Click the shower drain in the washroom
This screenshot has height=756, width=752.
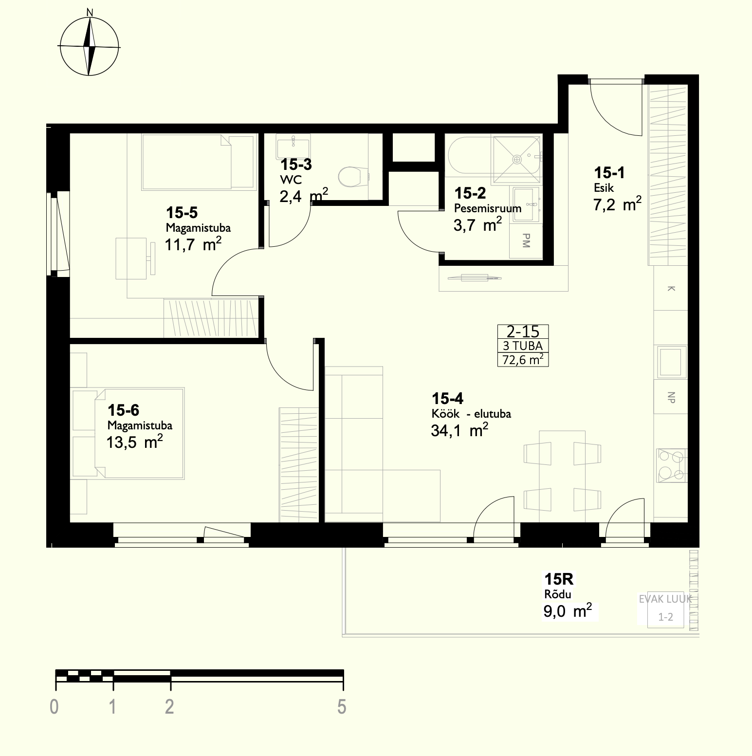(x=517, y=159)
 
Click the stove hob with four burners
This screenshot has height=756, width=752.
(x=671, y=465)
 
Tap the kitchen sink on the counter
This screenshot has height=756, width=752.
(x=672, y=362)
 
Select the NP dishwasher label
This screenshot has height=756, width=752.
(x=671, y=397)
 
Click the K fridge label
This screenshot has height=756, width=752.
(x=671, y=289)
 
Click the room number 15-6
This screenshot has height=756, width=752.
(x=124, y=409)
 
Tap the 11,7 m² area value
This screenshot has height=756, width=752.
(x=193, y=244)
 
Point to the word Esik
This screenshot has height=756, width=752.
(x=604, y=188)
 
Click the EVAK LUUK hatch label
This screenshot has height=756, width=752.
(x=665, y=599)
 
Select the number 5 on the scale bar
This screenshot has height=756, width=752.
(x=342, y=706)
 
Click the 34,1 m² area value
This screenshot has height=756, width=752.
(x=459, y=430)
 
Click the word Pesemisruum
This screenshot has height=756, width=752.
(x=488, y=208)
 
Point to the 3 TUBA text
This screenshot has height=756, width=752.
(x=523, y=346)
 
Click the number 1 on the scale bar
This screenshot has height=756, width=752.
(x=112, y=706)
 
